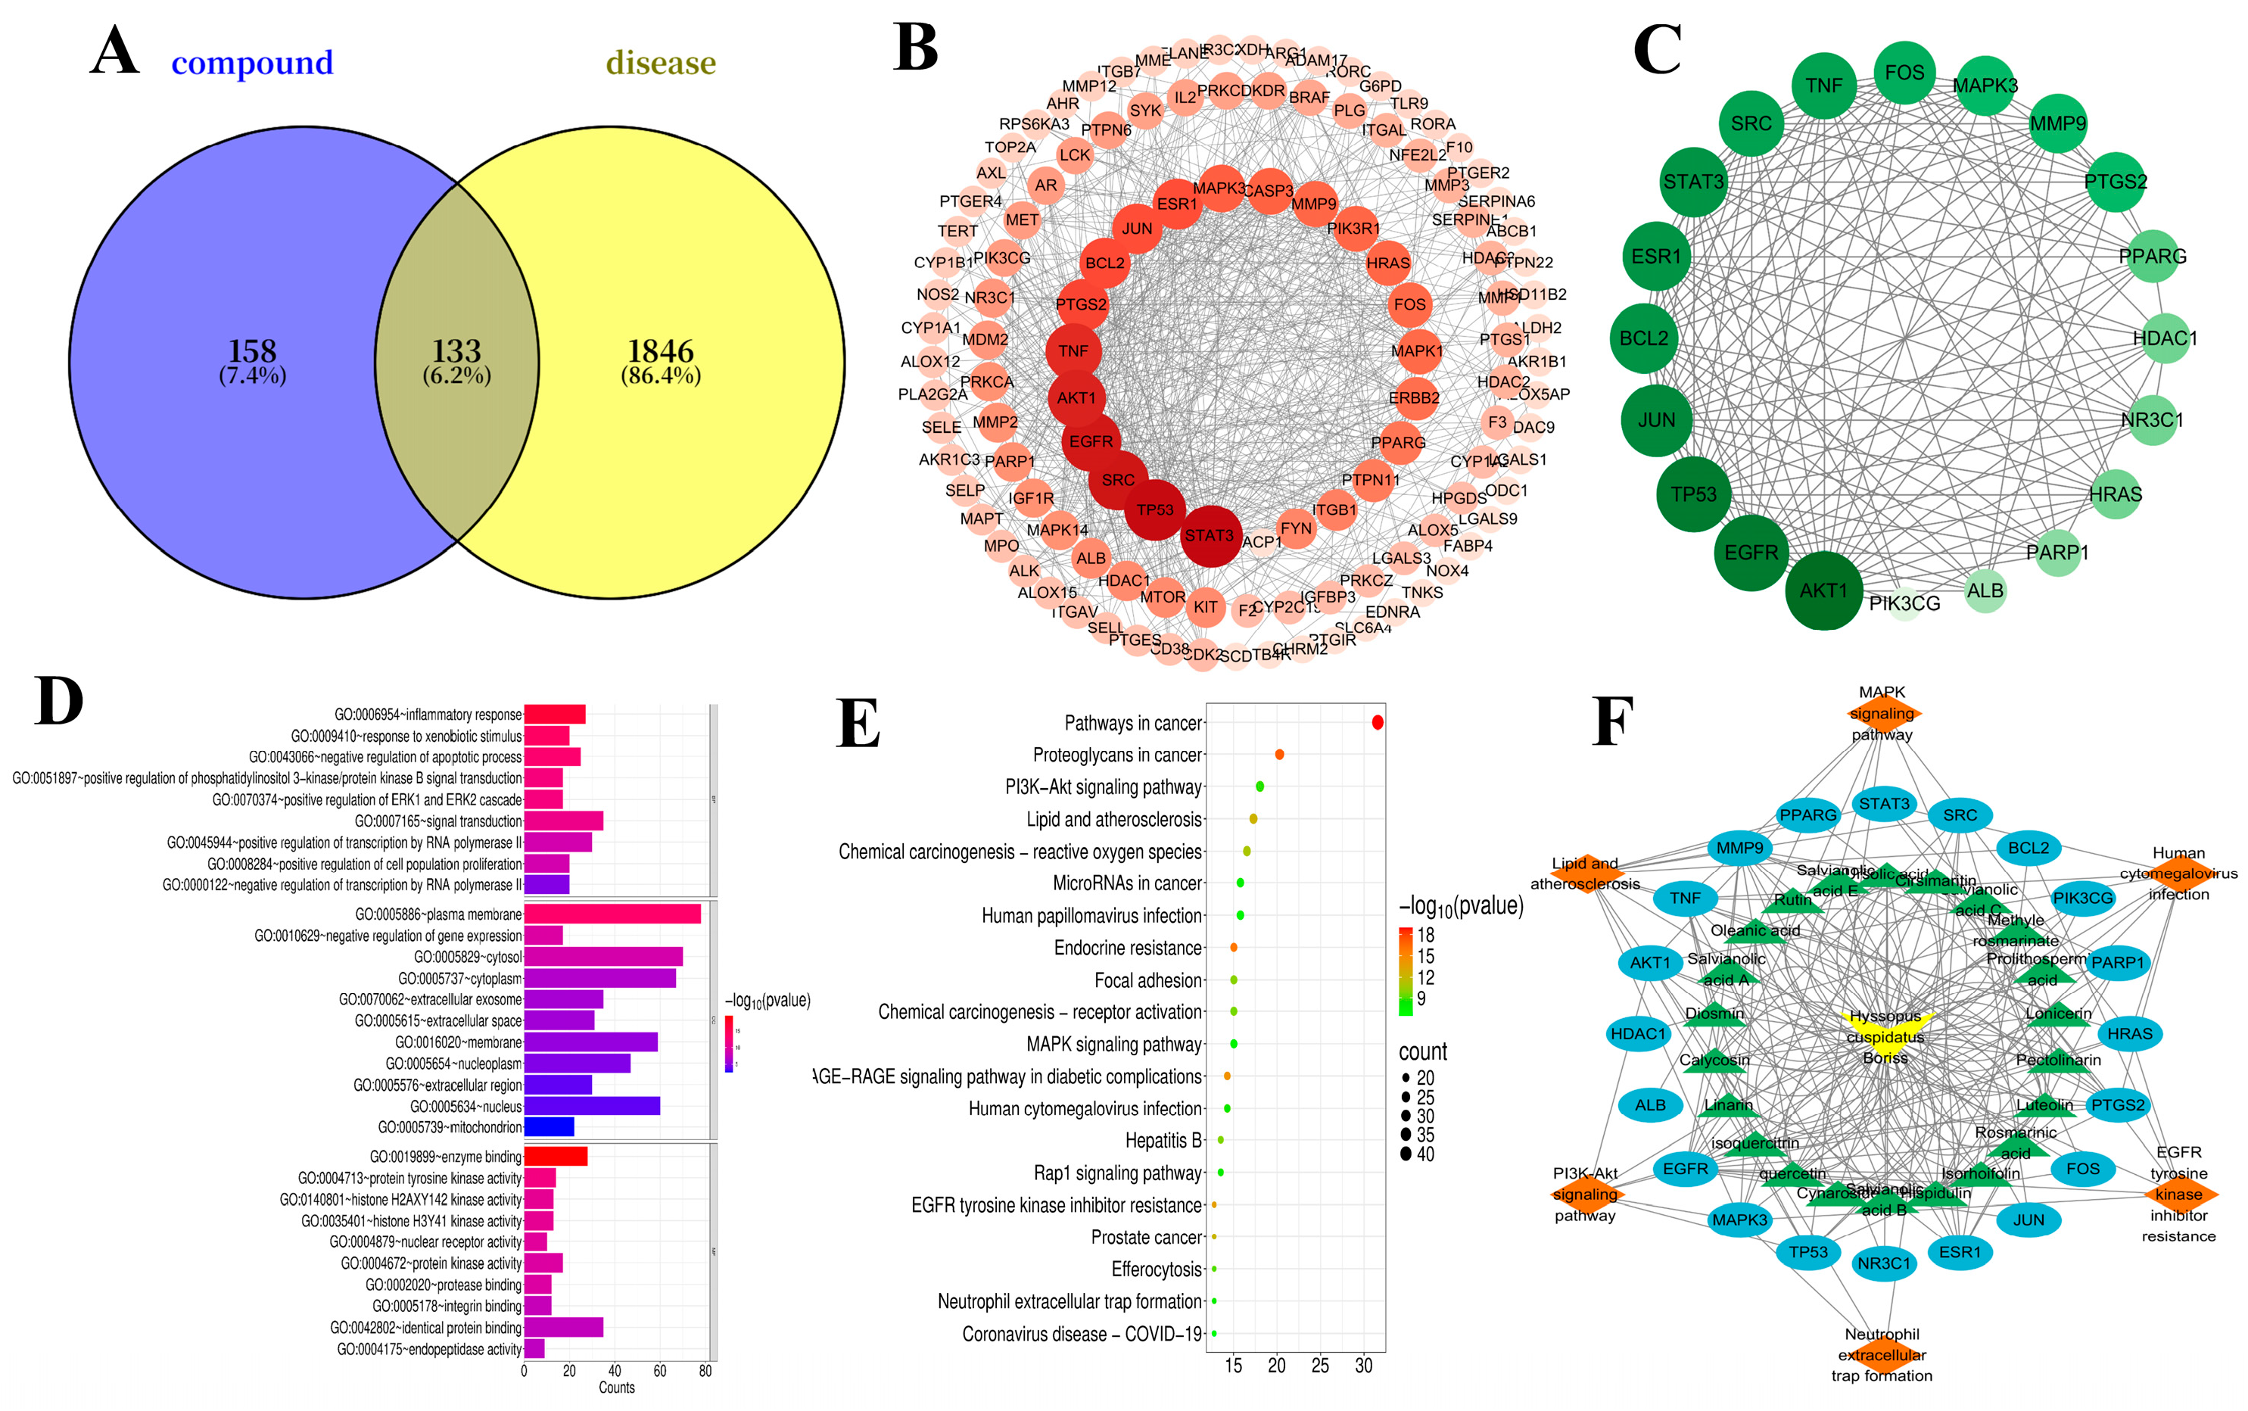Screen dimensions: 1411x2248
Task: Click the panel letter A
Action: [115, 52]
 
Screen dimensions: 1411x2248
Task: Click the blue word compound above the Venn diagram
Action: [252, 63]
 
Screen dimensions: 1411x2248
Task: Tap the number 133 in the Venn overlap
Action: [456, 352]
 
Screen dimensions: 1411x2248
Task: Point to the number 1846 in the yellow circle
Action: [660, 352]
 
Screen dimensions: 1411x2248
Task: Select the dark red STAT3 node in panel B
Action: [1210, 536]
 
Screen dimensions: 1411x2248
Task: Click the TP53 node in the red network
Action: [1155, 509]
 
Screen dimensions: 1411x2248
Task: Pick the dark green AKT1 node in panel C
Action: [1823, 590]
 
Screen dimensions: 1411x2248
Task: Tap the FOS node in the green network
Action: [1904, 73]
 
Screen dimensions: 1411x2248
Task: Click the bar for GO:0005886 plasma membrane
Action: [612, 914]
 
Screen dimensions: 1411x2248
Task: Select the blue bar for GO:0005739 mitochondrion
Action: [549, 1127]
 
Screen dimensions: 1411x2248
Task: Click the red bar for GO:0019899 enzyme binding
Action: [556, 1156]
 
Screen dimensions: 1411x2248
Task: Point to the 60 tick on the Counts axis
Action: [660, 1371]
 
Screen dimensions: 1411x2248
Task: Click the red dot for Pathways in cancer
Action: [1378, 722]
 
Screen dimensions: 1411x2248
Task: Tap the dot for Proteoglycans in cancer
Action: [1279, 754]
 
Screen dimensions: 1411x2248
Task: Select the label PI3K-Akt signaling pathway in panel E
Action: [1103, 786]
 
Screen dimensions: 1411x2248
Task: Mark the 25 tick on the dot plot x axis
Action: [1319, 1366]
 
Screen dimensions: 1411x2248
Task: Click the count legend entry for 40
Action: [1415, 1154]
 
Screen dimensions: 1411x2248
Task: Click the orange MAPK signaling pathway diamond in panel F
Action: [1882, 714]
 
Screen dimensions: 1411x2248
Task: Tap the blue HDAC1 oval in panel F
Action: [1638, 1033]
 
